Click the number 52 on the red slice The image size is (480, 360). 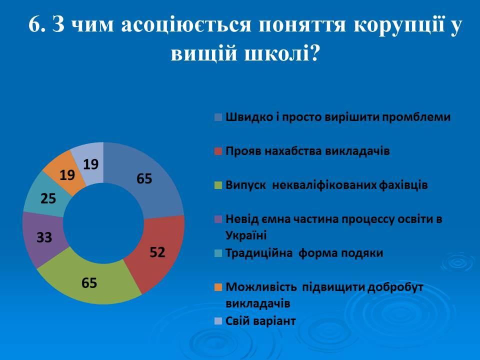click(x=157, y=252)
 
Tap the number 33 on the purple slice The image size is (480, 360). click(x=44, y=237)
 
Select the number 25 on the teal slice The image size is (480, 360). click(x=48, y=198)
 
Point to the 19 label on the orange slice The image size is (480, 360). click(x=67, y=175)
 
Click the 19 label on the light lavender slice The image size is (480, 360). click(x=91, y=164)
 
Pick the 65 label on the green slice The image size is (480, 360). click(x=89, y=283)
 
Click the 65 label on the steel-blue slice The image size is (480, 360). click(x=144, y=178)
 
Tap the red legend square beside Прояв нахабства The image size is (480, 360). click(x=218, y=151)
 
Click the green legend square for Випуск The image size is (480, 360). click(x=218, y=185)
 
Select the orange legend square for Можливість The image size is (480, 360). click(x=218, y=287)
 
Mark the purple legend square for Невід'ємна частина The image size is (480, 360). click(x=218, y=219)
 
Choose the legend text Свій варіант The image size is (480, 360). click(x=260, y=321)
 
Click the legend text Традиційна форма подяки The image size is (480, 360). click(x=304, y=253)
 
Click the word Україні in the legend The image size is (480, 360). click(x=246, y=235)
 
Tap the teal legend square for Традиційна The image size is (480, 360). click(x=218, y=253)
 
